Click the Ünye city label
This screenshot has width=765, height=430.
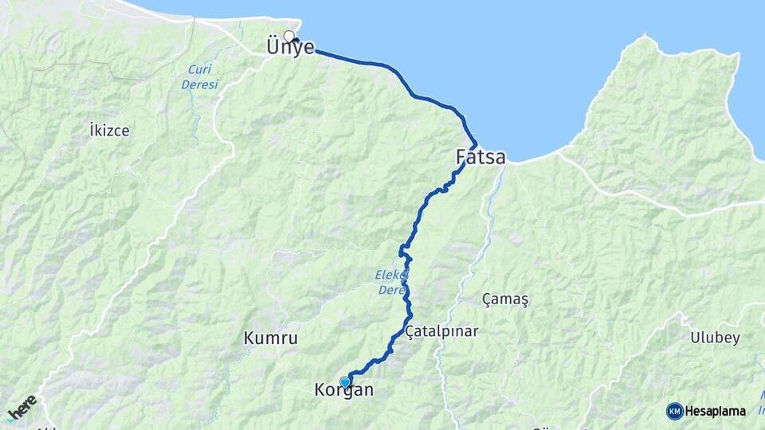click(x=291, y=48)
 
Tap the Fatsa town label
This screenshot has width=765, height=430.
click(x=481, y=158)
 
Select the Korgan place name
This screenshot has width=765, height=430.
click(x=343, y=391)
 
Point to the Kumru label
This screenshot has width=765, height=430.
click(x=270, y=338)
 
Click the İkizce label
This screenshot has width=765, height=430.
click(x=110, y=130)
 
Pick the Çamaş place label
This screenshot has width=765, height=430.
click(x=505, y=299)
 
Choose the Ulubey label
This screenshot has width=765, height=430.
click(x=716, y=338)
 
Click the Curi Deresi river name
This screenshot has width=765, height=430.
click(x=198, y=76)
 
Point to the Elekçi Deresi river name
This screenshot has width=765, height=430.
click(x=391, y=283)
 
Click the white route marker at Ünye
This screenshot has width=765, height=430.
click(x=289, y=36)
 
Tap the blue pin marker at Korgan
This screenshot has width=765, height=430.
click(x=345, y=382)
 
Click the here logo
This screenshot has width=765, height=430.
click(x=22, y=408)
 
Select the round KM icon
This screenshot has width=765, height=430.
click(x=675, y=411)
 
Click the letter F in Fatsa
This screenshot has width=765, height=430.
click(x=462, y=158)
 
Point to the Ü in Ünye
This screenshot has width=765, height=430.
click(x=273, y=48)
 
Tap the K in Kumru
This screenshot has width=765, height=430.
click(x=249, y=338)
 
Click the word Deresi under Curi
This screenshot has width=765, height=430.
click(x=198, y=84)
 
